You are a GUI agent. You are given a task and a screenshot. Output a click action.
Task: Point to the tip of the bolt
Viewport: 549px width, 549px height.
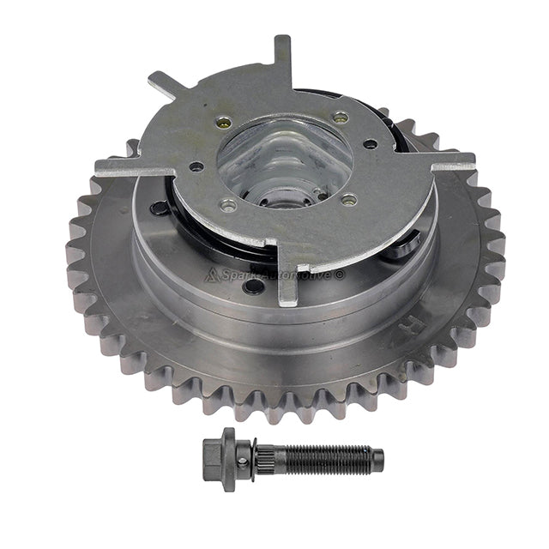pyautogui.click(x=378, y=460)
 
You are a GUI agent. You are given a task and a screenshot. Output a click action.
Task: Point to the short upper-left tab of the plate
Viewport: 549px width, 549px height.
pyautogui.click(x=163, y=85)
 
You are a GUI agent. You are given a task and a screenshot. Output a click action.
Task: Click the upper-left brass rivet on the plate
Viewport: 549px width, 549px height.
pyautogui.click(x=224, y=122)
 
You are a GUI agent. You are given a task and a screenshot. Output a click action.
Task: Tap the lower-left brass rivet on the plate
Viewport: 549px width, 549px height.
pyautogui.click(x=228, y=205)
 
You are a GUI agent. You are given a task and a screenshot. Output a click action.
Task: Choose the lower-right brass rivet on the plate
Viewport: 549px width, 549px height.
pyautogui.click(x=348, y=200)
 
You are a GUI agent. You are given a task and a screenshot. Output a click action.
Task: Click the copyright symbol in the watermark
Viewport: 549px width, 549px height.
pyautogui.click(x=340, y=274)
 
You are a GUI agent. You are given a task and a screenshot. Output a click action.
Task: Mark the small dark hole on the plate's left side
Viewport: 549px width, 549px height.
pyautogui.click(x=196, y=166)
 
